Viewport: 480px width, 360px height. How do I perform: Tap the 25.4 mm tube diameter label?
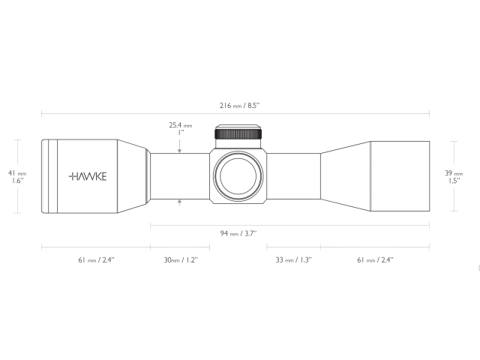point(180,129)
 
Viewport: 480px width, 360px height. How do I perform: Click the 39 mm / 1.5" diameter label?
point(454,176)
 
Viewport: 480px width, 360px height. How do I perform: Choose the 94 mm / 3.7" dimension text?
point(238,233)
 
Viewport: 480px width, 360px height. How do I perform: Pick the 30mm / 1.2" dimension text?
point(180,259)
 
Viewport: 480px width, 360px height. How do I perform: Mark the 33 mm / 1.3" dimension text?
point(293,259)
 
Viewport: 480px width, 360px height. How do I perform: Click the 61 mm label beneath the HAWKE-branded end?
point(96,259)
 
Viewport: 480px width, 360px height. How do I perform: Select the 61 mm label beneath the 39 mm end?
point(375,259)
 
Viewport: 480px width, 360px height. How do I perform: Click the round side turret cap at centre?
point(239,176)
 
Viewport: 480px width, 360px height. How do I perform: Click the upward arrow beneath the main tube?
point(180,202)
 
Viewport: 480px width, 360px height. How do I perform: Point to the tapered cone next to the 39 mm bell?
point(346,176)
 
